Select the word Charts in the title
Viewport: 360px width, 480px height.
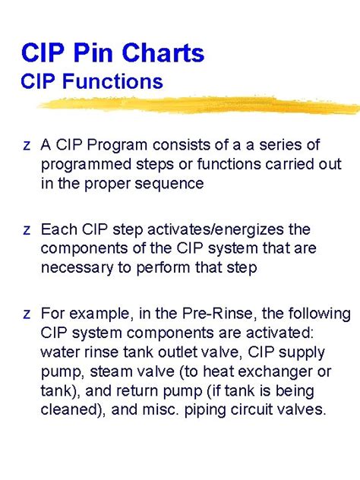click(161, 53)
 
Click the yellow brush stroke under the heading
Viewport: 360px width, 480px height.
click(197, 104)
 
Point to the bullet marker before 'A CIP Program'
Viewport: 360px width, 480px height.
click(27, 146)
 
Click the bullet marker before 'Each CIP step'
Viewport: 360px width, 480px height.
click(27, 230)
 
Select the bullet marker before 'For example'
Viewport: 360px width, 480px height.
click(27, 314)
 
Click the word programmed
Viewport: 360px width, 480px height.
click(84, 165)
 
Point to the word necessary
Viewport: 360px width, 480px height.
click(75, 267)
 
